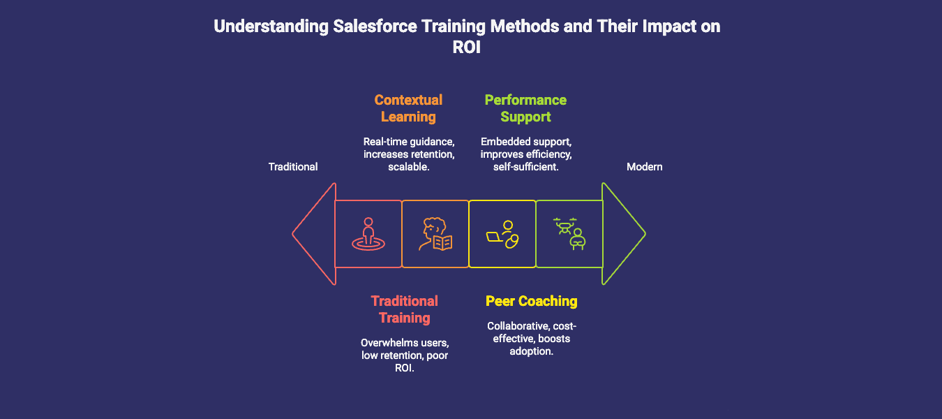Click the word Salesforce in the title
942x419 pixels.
tap(371, 27)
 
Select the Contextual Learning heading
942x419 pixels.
tap(408, 108)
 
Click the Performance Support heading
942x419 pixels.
tap(525, 108)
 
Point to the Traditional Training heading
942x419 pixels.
tap(405, 309)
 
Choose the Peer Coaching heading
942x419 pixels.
tap(532, 301)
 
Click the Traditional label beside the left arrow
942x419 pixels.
tap(293, 167)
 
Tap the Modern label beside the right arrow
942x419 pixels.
tap(644, 167)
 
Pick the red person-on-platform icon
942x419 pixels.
tap(368, 235)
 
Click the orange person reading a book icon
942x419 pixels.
tap(435, 235)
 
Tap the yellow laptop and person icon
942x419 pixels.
tap(502, 235)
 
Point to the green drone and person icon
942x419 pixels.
tap(569, 233)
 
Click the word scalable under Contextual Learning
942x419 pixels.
tap(408, 168)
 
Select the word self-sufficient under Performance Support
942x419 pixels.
tap(525, 168)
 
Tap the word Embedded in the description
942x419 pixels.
tap(502, 142)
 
